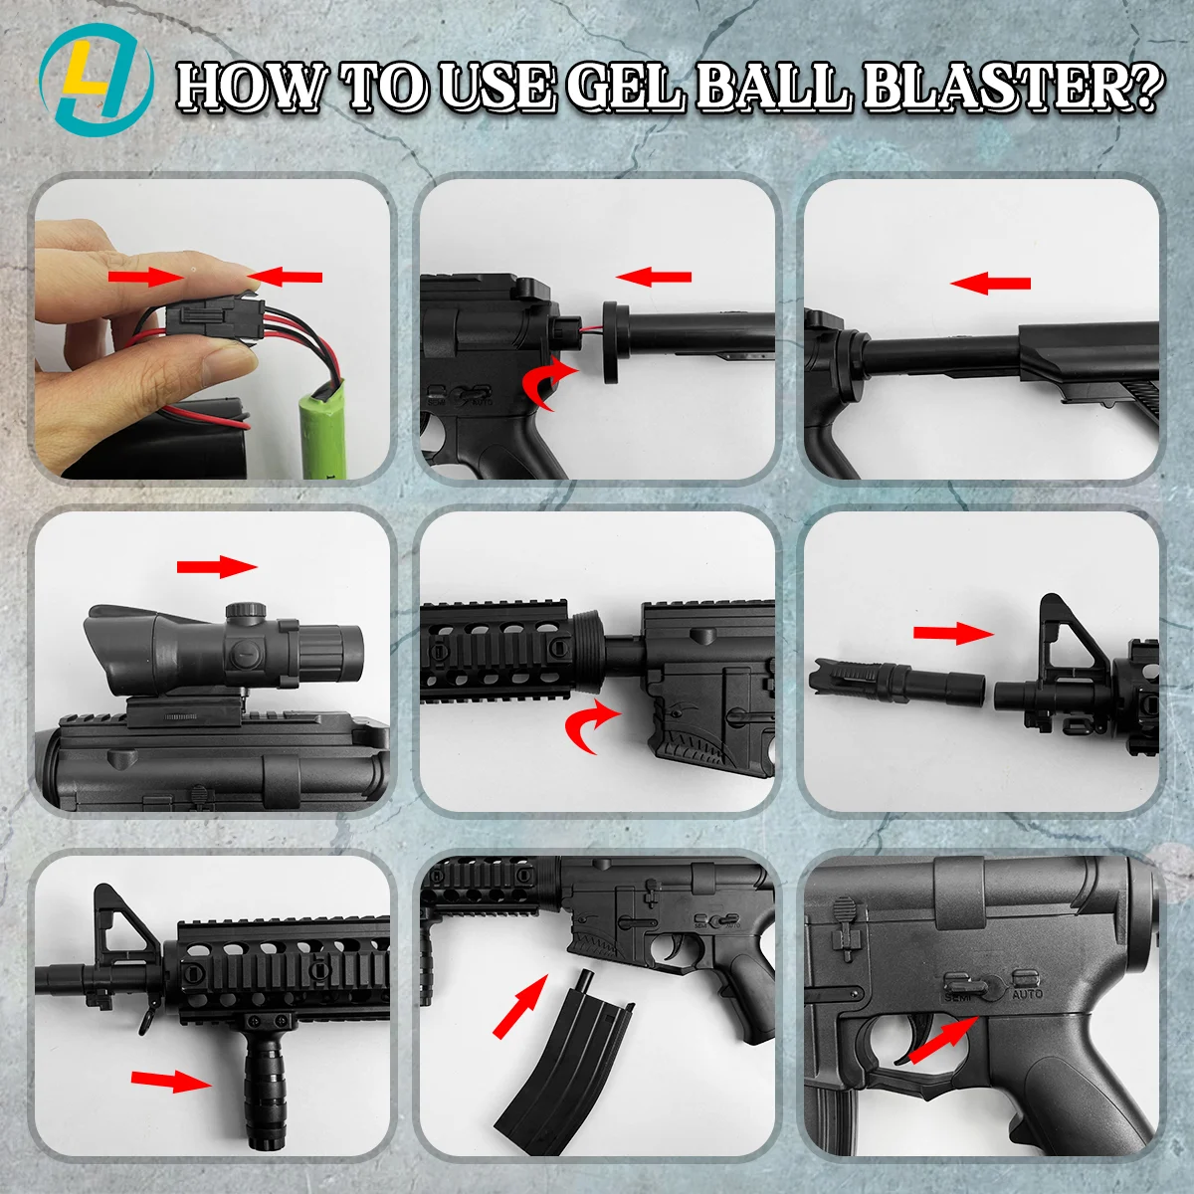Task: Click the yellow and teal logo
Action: (x=97, y=81)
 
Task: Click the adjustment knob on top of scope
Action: (x=246, y=611)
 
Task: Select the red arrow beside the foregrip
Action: (x=171, y=1082)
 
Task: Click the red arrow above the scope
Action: (x=217, y=566)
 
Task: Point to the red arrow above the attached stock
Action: (x=990, y=284)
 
